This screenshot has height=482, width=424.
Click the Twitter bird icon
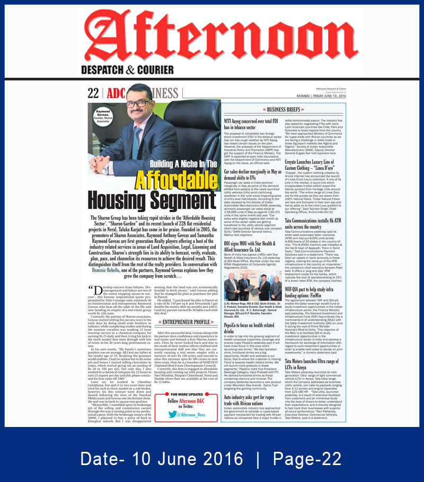click(x=173, y=415)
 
